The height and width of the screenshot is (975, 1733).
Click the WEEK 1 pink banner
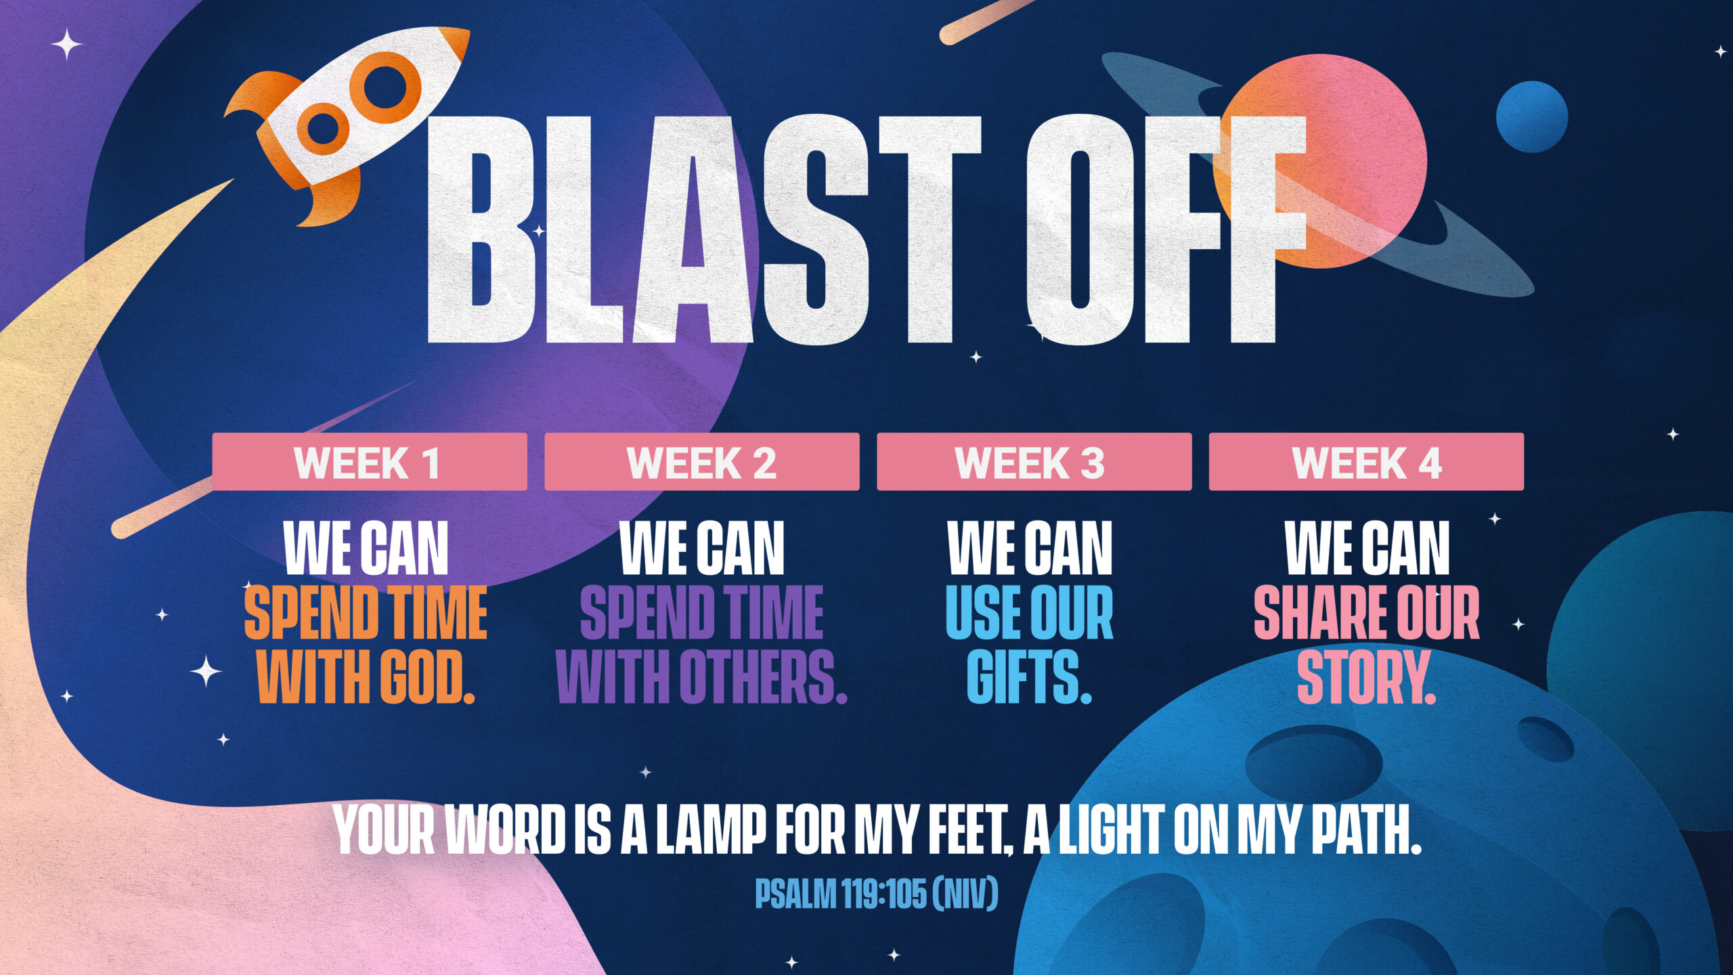[370, 462]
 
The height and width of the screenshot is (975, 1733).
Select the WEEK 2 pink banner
[702, 462]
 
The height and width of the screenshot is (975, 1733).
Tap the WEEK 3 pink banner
[1034, 462]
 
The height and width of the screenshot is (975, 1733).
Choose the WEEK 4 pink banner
[1367, 462]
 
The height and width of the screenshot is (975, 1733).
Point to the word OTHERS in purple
[763, 676]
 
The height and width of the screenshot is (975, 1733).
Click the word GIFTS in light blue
[1029, 676]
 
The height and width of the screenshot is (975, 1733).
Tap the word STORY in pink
[1366, 676]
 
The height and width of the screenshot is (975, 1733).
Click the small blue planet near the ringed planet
[1531, 116]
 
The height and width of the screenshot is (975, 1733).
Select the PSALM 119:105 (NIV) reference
[877, 894]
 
